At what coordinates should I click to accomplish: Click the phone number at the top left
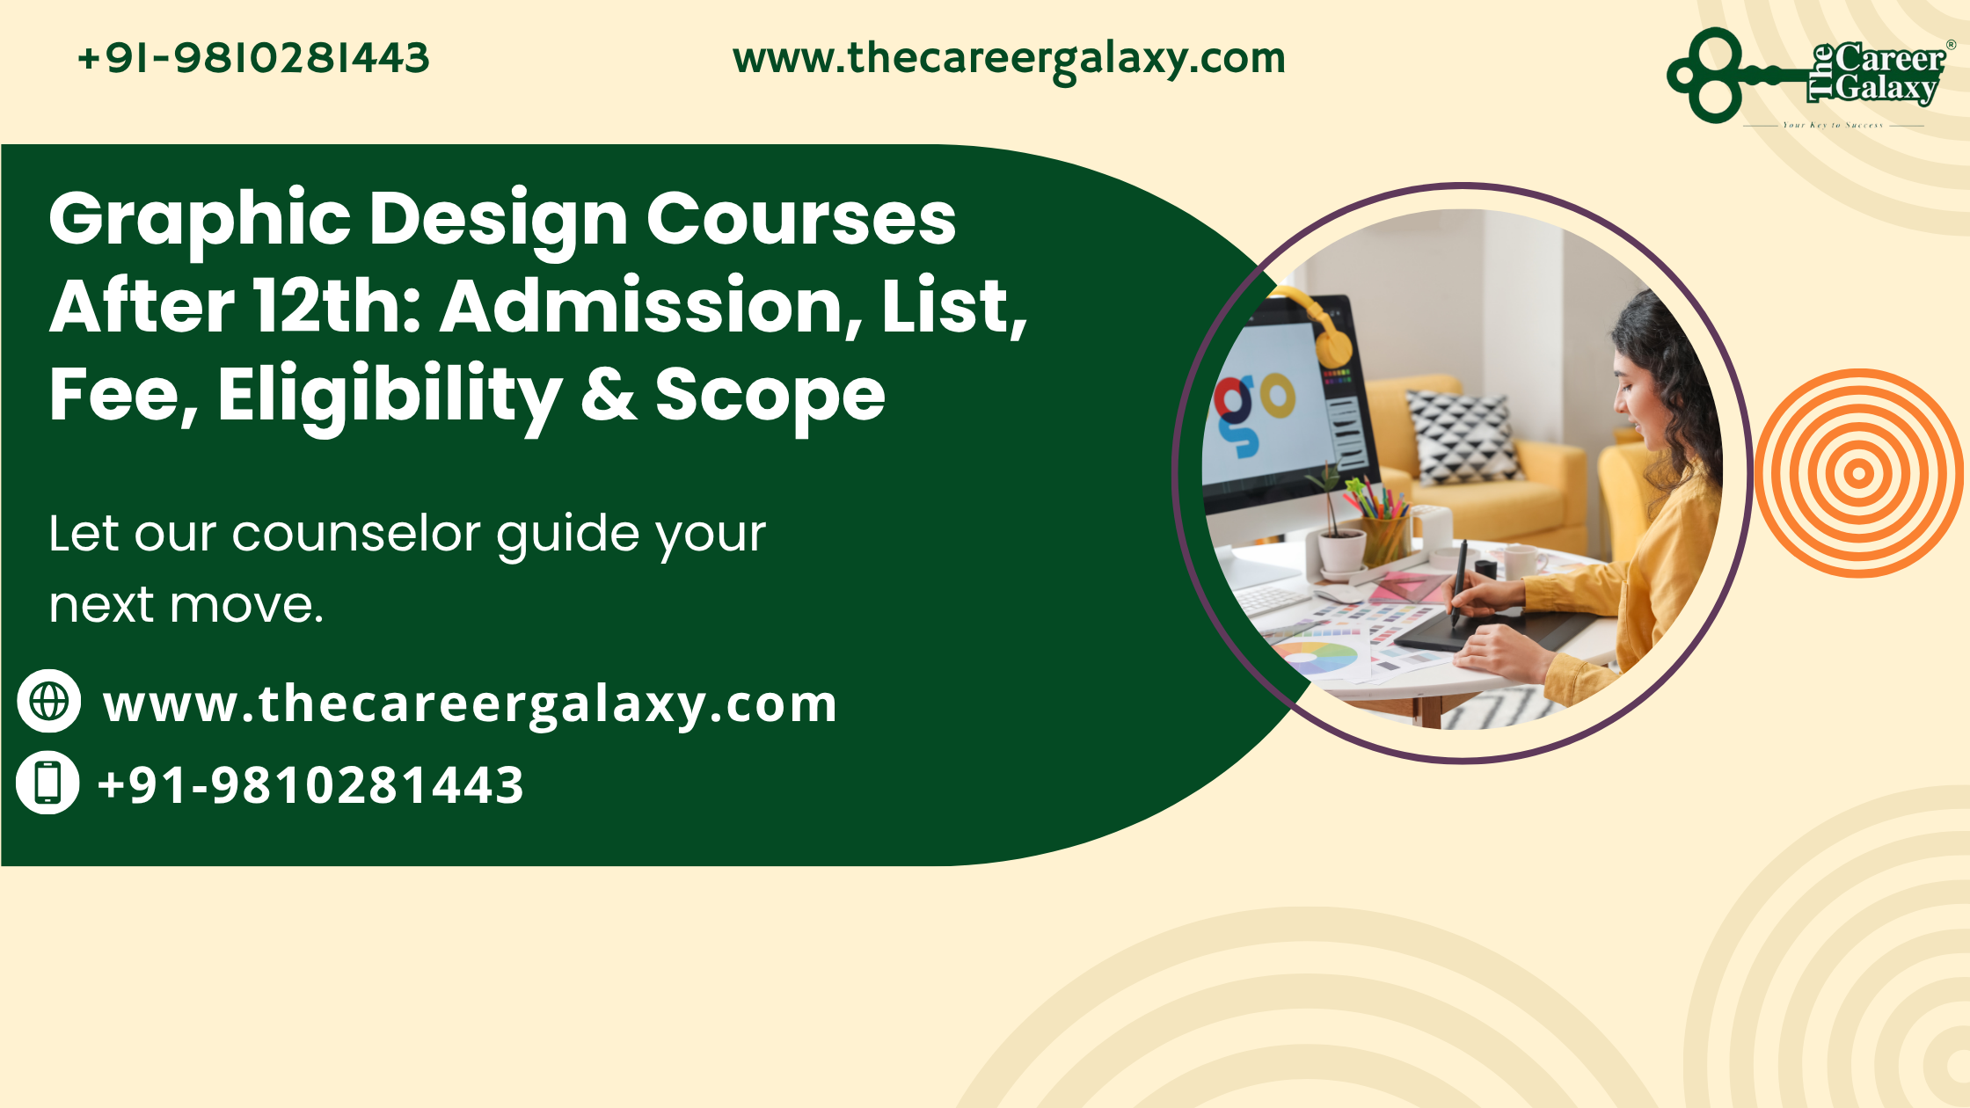coord(253,58)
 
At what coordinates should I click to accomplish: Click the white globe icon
coord(49,701)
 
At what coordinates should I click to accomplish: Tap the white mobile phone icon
coord(48,782)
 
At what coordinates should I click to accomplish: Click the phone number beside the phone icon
coord(310,785)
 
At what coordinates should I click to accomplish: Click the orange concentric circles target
coord(1858,473)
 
